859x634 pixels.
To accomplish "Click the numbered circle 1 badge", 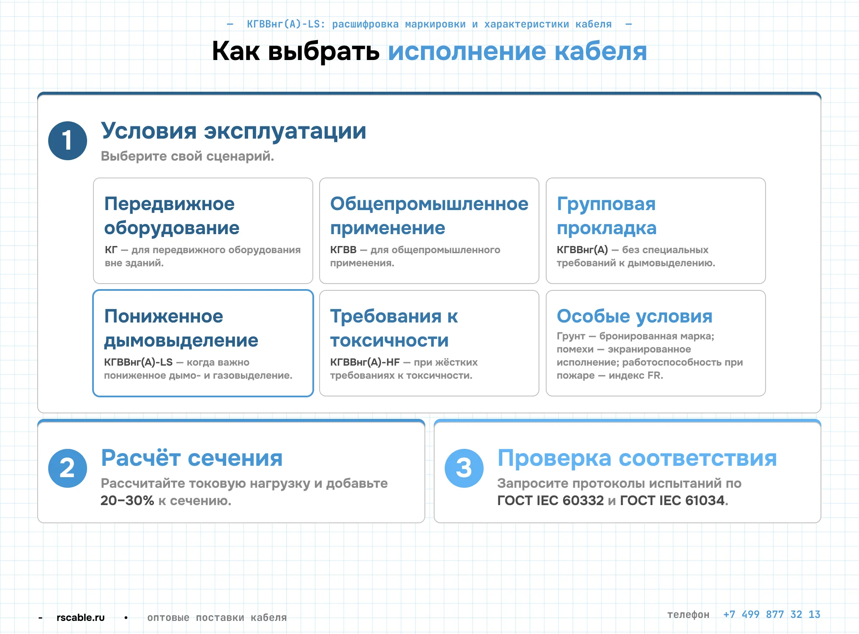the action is pyautogui.click(x=68, y=141).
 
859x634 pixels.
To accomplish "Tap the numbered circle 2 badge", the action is pyautogui.click(x=68, y=468).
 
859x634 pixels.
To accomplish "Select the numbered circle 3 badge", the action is pyautogui.click(x=464, y=468).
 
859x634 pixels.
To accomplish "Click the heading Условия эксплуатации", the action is pyautogui.click(x=233, y=131).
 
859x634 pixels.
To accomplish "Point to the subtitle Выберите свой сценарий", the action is pyautogui.click(x=187, y=156).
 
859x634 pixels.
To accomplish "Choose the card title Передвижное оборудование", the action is pyautogui.click(x=172, y=216).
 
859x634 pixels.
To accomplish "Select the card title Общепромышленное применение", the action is pyautogui.click(x=429, y=216).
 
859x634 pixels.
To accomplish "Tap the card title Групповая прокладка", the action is pyautogui.click(x=607, y=216).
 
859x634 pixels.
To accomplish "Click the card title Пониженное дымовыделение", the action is pyautogui.click(x=181, y=328).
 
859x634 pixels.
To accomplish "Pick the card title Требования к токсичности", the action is pyautogui.click(x=394, y=328).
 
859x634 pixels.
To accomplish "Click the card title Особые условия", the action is pyautogui.click(x=635, y=316).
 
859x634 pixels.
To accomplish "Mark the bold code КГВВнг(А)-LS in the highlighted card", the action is pyautogui.click(x=138, y=362).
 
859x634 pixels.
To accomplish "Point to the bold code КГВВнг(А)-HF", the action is pyautogui.click(x=365, y=362).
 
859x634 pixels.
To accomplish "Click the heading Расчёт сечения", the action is pyautogui.click(x=192, y=458).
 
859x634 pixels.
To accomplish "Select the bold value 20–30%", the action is pyautogui.click(x=127, y=501).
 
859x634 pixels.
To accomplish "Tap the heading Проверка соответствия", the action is pyautogui.click(x=637, y=458).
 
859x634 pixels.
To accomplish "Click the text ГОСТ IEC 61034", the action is pyautogui.click(x=672, y=501).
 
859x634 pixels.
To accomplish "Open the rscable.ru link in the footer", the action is pyautogui.click(x=81, y=618).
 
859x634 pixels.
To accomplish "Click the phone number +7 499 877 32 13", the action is pyautogui.click(x=771, y=615).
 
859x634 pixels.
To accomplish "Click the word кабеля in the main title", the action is pyautogui.click(x=600, y=52).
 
